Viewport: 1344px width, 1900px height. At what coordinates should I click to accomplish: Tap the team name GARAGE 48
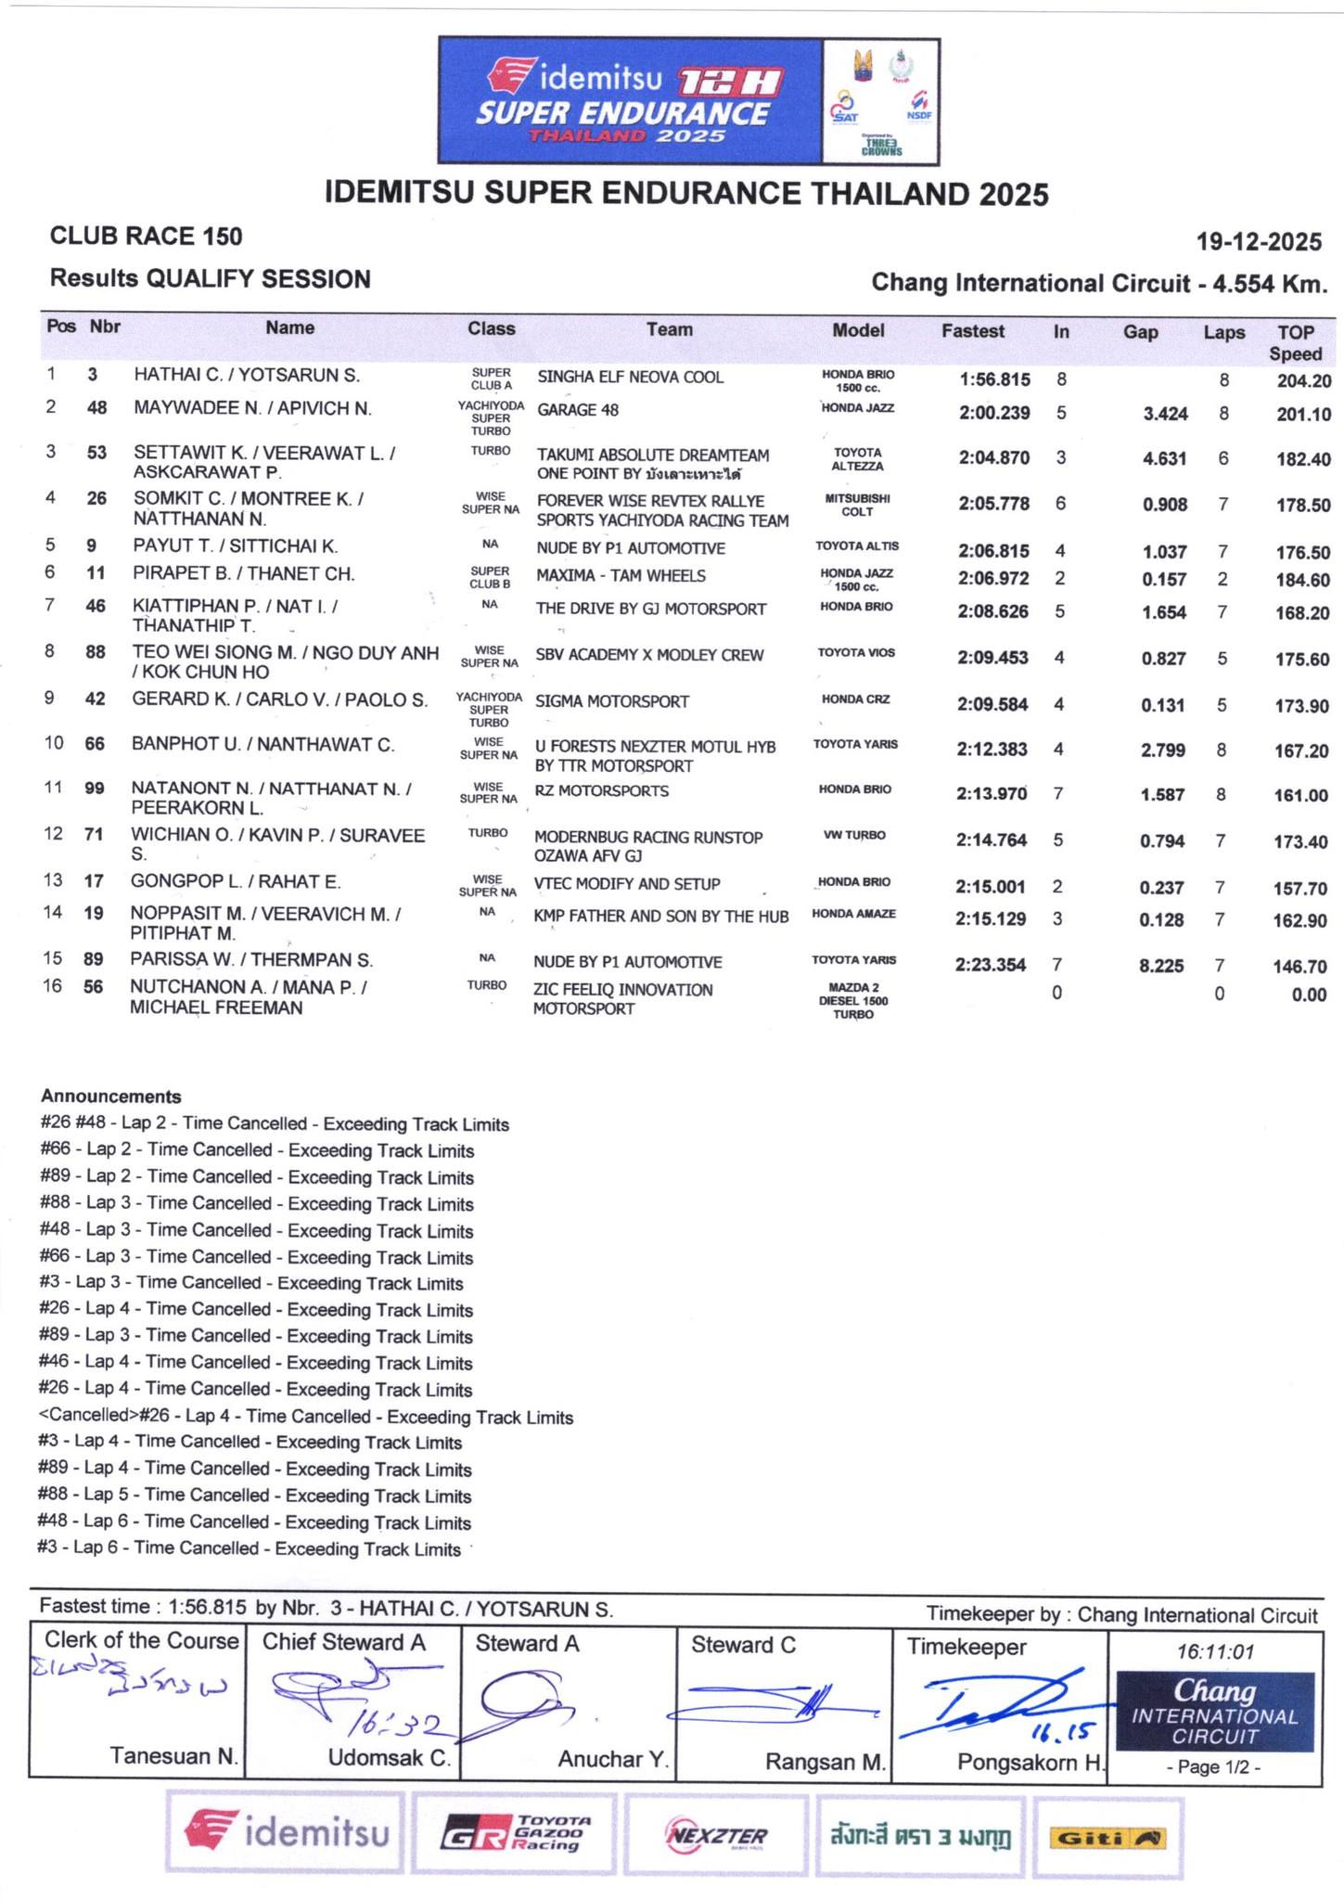click(578, 410)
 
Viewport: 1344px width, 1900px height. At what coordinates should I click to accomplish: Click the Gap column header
click(1140, 332)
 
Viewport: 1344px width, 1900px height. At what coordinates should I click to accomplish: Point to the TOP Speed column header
click(1295, 342)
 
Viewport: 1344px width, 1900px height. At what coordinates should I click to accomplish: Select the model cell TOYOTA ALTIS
click(857, 546)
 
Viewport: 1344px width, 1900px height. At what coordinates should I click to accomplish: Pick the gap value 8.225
click(1161, 966)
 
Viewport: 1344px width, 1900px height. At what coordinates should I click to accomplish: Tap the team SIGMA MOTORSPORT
click(612, 701)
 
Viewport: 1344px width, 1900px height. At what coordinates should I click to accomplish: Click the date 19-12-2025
click(1259, 242)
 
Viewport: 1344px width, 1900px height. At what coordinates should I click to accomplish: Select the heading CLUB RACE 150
click(146, 237)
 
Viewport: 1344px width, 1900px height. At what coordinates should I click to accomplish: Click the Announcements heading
click(111, 1097)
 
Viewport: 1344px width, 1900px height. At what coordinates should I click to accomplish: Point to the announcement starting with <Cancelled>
click(306, 1417)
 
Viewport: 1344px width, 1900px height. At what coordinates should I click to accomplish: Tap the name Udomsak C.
click(389, 1757)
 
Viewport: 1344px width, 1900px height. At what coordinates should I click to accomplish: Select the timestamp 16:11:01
click(1215, 1651)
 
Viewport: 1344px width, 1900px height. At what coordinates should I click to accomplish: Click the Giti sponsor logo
click(1107, 1838)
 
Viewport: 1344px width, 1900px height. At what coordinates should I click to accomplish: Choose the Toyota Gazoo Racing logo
click(516, 1835)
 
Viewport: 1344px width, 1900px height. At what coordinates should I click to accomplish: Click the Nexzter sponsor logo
click(717, 1836)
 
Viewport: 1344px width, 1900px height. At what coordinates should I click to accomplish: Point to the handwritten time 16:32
click(402, 1724)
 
